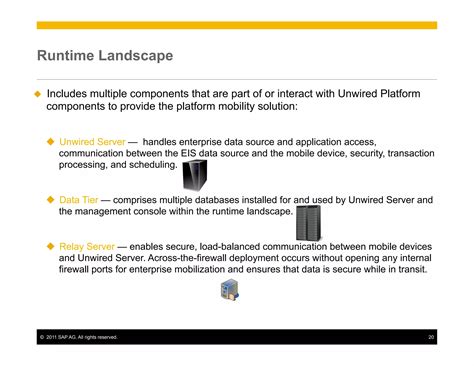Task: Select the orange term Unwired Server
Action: [92, 143]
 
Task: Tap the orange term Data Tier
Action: [80, 200]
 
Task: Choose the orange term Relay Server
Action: [87, 245]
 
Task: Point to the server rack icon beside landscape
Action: [313, 221]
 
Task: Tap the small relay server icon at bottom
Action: [230, 291]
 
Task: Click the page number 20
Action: [430, 337]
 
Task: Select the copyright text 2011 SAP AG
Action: [79, 337]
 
